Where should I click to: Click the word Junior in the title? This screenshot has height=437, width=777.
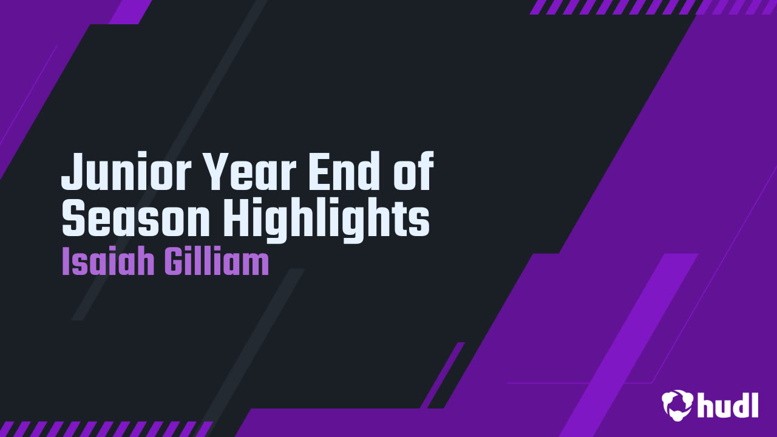(126, 171)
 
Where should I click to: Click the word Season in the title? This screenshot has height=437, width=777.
(135, 219)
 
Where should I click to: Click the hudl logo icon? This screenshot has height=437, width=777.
(677, 405)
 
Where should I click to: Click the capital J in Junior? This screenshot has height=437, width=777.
(73, 172)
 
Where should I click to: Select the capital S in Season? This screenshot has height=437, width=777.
(73, 219)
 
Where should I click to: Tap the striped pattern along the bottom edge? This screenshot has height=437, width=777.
(106, 429)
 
